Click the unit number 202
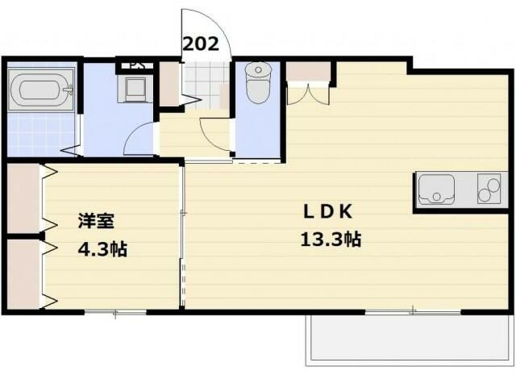(201, 44)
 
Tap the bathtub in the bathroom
(41, 88)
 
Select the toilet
(257, 82)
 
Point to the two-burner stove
(489, 190)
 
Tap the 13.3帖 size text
(331, 240)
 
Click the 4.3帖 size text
(102, 248)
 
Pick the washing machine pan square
(134, 88)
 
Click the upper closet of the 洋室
(24, 198)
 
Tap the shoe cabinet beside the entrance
(169, 83)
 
